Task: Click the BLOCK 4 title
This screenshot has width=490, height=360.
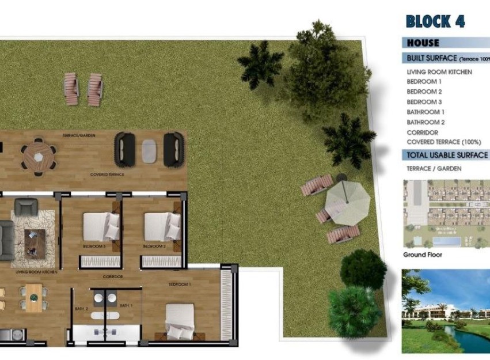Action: [435, 21]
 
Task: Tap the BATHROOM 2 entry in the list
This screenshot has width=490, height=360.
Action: [426, 122]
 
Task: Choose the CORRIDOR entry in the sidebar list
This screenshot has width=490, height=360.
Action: [423, 132]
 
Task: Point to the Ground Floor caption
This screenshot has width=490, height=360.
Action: [422, 255]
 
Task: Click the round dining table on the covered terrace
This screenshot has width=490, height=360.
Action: [39, 155]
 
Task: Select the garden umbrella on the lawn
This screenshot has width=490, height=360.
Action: [347, 203]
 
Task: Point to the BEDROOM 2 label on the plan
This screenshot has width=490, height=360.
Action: [154, 246]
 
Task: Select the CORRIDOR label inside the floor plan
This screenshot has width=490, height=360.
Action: [113, 276]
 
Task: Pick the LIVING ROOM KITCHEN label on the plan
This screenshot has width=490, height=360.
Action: [36, 271]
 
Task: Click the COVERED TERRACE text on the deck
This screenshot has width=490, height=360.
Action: [107, 174]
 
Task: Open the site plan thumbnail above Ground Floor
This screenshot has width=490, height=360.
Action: [446, 214]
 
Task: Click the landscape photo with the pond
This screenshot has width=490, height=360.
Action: [446, 311]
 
